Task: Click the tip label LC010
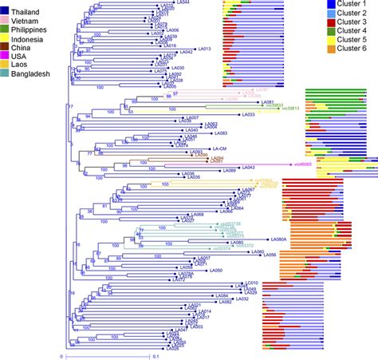click(251, 283)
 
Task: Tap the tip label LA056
click(269, 256)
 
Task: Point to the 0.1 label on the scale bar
click(155, 356)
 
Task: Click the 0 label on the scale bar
click(61, 356)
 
